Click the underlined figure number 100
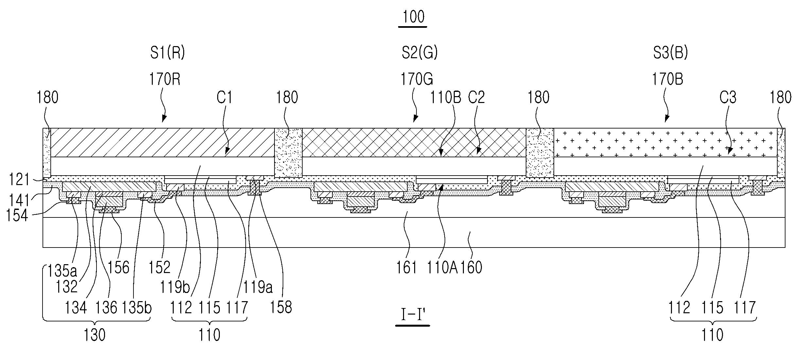coord(414,17)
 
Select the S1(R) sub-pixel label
coord(167,53)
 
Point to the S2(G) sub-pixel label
coord(419,53)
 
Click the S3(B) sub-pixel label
coord(670,53)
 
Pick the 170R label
coord(165,79)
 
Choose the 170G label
coord(417,79)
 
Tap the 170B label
coord(668,79)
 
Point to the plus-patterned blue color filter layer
coord(664,142)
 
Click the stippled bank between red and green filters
coord(288,153)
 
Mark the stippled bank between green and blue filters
coord(539,153)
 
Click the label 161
coord(407,268)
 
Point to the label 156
coord(119,268)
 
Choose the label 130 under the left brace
coord(95,335)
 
